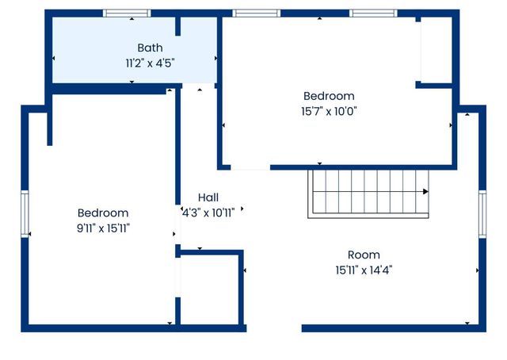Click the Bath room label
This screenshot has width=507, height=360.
click(x=150, y=48)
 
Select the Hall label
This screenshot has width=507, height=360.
click(x=208, y=197)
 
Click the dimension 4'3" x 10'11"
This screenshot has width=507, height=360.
click(x=208, y=211)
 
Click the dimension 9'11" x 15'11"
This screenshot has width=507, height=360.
click(x=103, y=228)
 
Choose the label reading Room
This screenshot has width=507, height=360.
click(x=364, y=255)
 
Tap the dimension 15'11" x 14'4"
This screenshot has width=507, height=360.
click(x=364, y=270)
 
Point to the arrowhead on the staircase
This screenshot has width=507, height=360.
click(x=425, y=191)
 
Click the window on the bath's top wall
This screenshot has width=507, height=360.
click(x=127, y=13)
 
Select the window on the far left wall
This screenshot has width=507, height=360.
click(x=25, y=215)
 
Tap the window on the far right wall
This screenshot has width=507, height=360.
click(x=482, y=214)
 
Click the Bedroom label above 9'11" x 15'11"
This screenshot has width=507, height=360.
click(x=103, y=213)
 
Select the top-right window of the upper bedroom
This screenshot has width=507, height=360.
click(x=373, y=13)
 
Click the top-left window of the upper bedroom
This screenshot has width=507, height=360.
click(x=255, y=13)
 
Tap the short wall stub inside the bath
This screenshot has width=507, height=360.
click(x=178, y=26)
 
